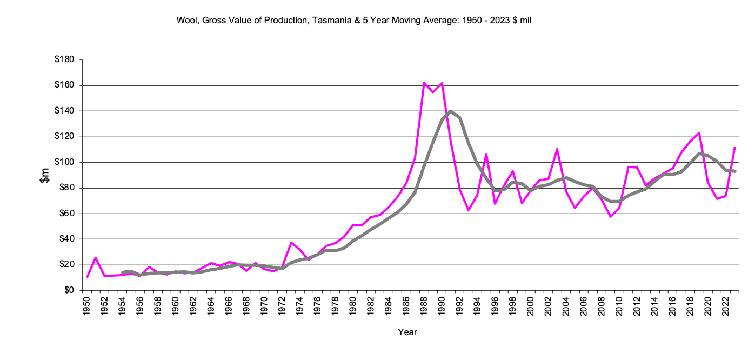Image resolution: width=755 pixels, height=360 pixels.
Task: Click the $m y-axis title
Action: coord(45,175)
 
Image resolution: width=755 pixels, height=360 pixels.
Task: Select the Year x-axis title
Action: coord(407,332)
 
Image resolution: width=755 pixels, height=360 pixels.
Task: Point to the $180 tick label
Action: coord(65,59)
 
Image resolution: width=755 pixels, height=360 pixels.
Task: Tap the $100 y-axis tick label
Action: coord(65,162)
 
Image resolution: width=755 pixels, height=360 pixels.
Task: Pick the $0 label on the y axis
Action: coord(69,290)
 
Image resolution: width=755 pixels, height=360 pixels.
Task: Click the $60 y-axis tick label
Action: coord(67,214)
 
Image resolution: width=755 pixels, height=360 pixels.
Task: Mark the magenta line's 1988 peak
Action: coord(424,83)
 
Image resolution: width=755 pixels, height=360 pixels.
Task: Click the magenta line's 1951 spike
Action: coord(96,258)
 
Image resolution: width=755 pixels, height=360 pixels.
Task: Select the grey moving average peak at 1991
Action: coord(451,111)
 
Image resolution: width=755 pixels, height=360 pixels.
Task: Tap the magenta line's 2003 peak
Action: coord(557,149)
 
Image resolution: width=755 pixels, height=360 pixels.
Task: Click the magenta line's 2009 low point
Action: coord(611,216)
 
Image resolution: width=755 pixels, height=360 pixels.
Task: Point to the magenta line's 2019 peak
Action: coord(699,132)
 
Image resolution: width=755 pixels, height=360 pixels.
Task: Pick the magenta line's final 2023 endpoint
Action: coord(735,147)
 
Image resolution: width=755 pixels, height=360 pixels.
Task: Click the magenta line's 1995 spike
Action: coord(486,154)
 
